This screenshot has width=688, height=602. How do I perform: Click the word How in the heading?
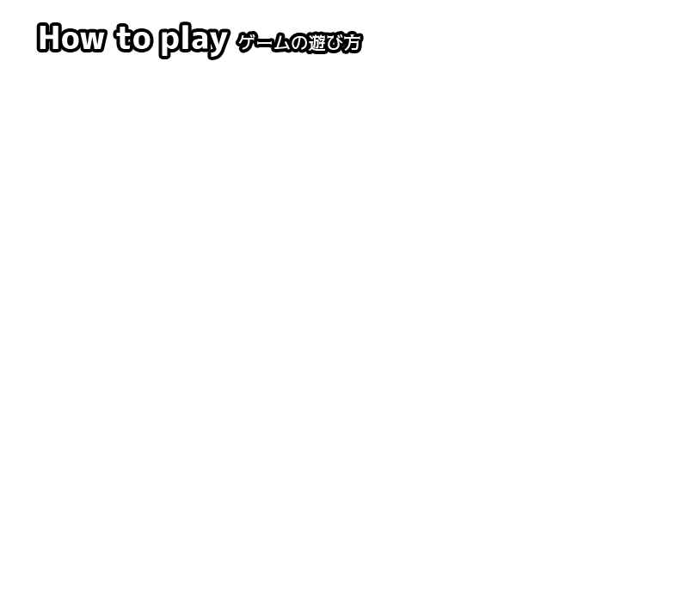pos(71,38)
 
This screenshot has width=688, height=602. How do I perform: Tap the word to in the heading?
pos(133,38)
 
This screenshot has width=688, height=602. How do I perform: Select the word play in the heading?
pos(194,40)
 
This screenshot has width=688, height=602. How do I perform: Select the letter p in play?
pos(169,44)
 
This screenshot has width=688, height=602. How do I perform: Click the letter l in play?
pos(184,38)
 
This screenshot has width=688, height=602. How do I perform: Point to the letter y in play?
pos(218,45)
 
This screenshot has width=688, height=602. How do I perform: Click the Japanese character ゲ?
pos(246,43)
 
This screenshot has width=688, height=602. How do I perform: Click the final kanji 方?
pos(353,43)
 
